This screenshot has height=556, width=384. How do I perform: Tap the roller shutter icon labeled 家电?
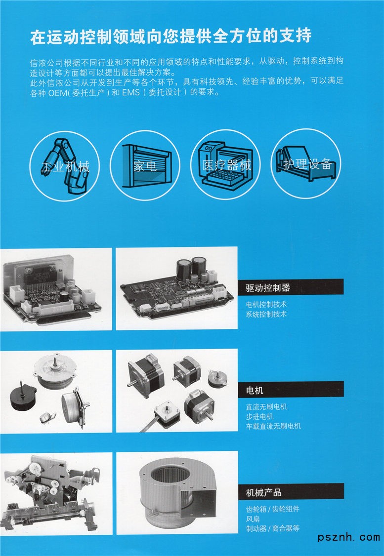tap(145, 165)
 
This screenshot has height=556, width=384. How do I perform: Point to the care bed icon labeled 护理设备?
tap(306, 163)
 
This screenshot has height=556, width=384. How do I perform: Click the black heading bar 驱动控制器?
tap(291, 287)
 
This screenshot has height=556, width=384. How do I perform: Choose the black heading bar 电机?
tap(291, 389)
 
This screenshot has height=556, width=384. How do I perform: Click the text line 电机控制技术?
tap(266, 304)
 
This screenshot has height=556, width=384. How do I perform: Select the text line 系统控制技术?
tap(266, 314)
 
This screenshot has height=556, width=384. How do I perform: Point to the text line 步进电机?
tap(259, 416)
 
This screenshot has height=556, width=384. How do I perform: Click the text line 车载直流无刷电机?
tap(273, 426)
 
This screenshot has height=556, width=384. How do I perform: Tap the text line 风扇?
tap(253, 519)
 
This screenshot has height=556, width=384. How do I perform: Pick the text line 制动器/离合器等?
tap(273, 528)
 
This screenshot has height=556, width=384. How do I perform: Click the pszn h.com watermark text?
tap(348, 537)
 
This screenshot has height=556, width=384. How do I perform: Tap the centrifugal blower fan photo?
tap(177, 493)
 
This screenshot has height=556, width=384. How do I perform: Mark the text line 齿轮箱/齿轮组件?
tap(273, 509)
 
